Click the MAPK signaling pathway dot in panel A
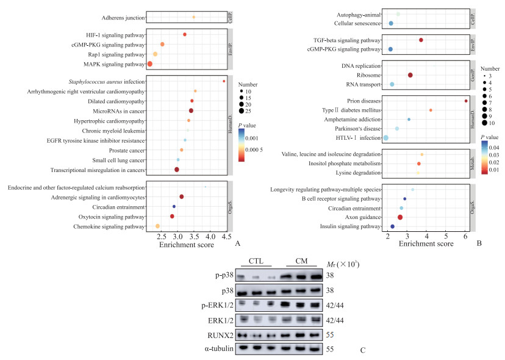pyautogui.click(x=149, y=64)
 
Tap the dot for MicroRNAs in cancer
pyautogui.click(x=191, y=110)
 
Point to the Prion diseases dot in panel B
pyautogui.click(x=466, y=101)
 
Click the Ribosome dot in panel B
pyautogui.click(x=410, y=74)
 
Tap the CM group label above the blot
pyautogui.click(x=301, y=262)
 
